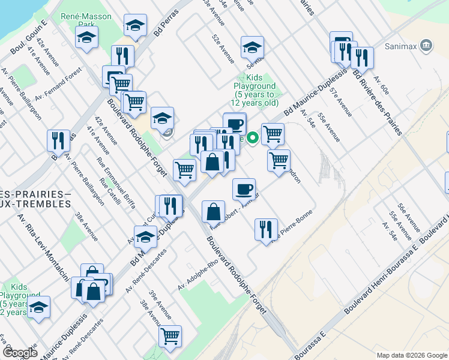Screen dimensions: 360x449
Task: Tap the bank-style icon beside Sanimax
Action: pos(426,44)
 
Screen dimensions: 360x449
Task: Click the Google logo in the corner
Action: pos(20,352)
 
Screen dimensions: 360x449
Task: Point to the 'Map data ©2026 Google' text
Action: pos(411,355)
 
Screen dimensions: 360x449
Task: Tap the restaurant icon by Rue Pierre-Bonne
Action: pos(265,229)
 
